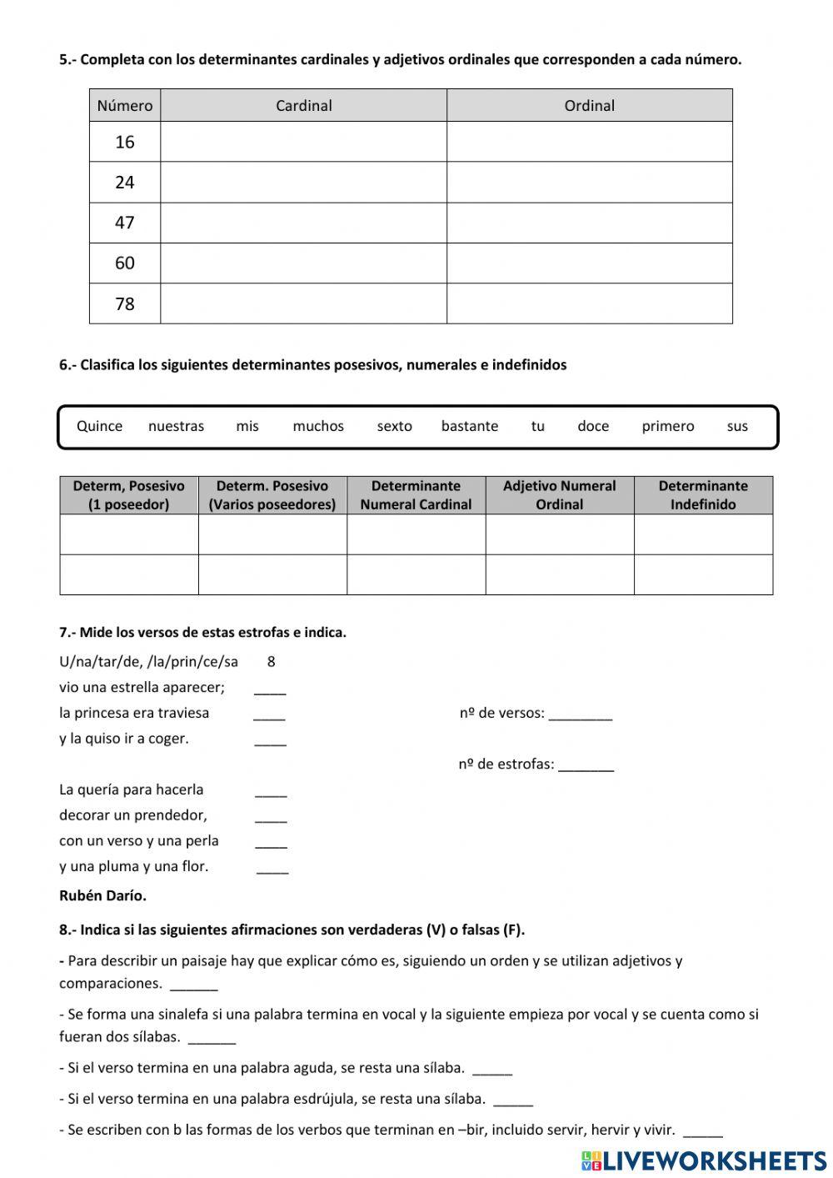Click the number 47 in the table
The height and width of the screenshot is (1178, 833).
point(125,223)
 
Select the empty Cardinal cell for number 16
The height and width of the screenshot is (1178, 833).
point(303,142)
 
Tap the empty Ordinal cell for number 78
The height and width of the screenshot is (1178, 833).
point(589,303)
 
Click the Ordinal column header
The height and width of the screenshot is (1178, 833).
point(589,106)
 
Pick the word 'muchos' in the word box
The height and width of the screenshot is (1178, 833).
point(318,426)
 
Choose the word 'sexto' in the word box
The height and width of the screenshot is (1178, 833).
point(394,426)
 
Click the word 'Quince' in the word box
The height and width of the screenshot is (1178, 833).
point(99,426)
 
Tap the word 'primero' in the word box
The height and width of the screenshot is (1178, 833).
point(667,426)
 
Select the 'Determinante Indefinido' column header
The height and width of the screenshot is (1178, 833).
point(703,495)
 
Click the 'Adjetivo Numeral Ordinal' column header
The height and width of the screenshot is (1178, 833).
point(559,495)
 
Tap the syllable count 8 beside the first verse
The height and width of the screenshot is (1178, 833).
point(272,662)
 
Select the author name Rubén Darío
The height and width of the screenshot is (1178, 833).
point(102,896)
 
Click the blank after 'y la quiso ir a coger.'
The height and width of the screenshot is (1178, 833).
point(270,741)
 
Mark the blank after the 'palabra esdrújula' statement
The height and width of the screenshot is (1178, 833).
point(513,1102)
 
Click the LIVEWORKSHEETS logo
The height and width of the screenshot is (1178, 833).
point(704,1160)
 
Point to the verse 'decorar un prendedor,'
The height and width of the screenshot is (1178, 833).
point(133,815)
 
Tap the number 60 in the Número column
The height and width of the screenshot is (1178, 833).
point(125,263)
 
